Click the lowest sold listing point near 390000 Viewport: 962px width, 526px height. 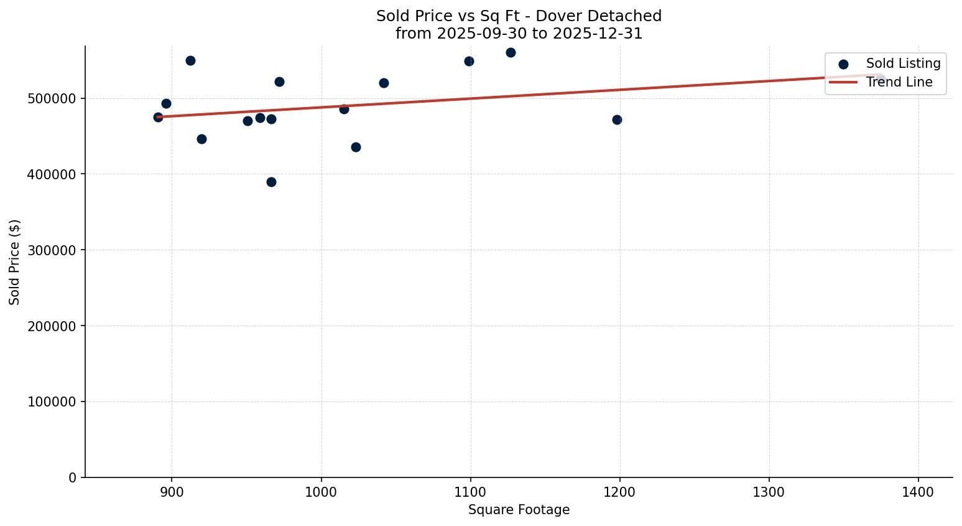pos(271,182)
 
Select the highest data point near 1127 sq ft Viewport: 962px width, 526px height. pos(511,52)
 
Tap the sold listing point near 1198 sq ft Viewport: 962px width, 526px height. pos(617,120)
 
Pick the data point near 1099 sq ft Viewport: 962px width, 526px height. pos(469,61)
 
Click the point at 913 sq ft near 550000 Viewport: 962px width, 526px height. pos(190,60)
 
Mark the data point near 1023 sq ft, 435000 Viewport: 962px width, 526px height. pos(356,147)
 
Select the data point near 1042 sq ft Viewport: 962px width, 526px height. pos(384,83)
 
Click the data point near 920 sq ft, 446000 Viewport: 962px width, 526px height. pos(201,139)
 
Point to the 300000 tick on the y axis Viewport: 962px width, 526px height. pos(52,250)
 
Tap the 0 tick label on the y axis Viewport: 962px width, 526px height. pos(73,477)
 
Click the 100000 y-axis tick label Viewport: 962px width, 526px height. pos(52,402)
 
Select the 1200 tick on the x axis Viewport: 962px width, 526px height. pos(619,492)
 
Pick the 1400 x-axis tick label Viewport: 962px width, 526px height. pos(918,492)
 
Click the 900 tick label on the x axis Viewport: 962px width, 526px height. pos(172,492)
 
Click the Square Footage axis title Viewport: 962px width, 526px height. pos(519,510)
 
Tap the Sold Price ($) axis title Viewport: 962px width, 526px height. pos(15,262)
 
